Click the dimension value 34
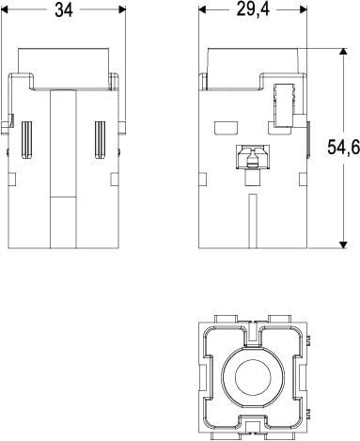tap(64, 9)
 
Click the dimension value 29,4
tap(253, 9)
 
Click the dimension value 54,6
tap(343, 147)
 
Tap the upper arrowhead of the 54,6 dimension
tap(343, 52)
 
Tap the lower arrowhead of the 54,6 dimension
tap(343, 244)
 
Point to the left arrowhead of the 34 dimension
tap(5, 9)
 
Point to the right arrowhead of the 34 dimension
tap(122, 9)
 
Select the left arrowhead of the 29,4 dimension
tap(202, 9)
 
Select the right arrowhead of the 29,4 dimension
tap(303, 9)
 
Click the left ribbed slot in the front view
tap(27, 139)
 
